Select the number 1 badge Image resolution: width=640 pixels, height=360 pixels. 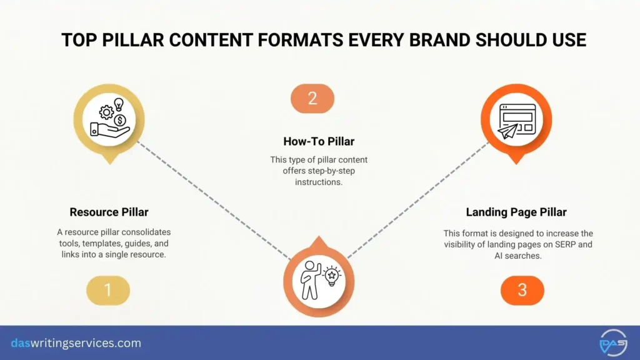(108, 290)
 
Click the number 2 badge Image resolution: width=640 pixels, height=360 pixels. (312, 98)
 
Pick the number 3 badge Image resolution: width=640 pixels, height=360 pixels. (522, 290)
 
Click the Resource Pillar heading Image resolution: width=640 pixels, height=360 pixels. (109, 212)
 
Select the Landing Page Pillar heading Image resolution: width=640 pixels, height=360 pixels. (516, 212)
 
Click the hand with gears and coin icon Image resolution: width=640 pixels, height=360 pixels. (109, 119)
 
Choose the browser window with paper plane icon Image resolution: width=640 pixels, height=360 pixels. (516, 121)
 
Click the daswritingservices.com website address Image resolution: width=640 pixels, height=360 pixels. (76, 343)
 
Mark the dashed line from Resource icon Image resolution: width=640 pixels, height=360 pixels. (212, 200)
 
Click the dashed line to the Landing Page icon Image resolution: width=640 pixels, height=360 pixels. (419, 200)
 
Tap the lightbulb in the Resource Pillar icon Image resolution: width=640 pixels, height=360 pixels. (119, 104)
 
